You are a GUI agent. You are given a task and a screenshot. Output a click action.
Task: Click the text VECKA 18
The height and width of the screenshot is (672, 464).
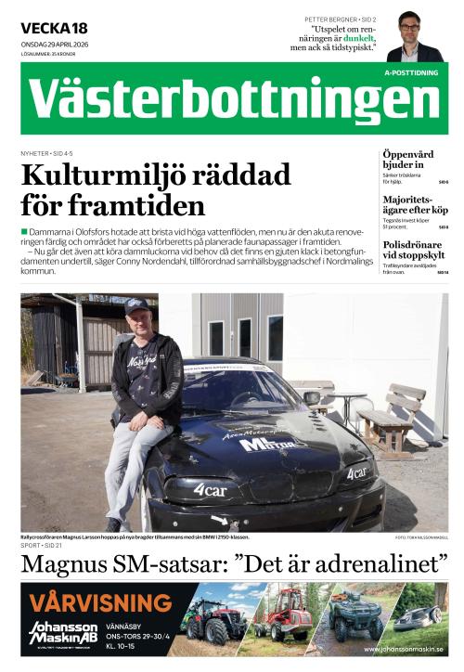54,28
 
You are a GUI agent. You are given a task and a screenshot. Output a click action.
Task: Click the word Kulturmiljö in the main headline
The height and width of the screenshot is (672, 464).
100,174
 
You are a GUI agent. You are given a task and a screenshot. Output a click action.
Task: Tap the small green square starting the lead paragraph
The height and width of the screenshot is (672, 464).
24,230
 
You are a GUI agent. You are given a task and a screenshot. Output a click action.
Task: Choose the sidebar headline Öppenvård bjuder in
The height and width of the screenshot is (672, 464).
408,158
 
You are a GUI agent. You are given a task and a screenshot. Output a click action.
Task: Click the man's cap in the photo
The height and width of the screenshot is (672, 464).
136,304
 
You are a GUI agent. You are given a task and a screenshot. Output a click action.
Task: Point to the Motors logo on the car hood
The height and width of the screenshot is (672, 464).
272,443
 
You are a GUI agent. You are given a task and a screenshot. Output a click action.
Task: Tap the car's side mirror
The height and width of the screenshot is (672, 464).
312,397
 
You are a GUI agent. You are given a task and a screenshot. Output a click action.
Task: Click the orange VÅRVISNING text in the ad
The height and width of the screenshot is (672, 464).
100,602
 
